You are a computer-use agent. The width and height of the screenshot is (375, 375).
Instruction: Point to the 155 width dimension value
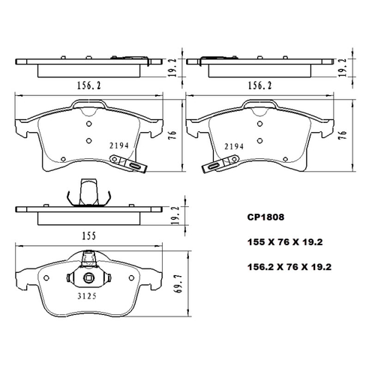[89, 235]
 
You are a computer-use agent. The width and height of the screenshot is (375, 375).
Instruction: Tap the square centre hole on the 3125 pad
[89, 280]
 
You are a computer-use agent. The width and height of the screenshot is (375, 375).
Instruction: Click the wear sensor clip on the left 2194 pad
[127, 163]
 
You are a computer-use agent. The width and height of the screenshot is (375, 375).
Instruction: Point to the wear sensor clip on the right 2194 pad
[222, 163]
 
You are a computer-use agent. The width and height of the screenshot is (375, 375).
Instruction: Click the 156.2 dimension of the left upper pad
[89, 85]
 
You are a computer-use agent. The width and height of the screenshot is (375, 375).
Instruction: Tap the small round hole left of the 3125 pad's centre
[48, 277]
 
